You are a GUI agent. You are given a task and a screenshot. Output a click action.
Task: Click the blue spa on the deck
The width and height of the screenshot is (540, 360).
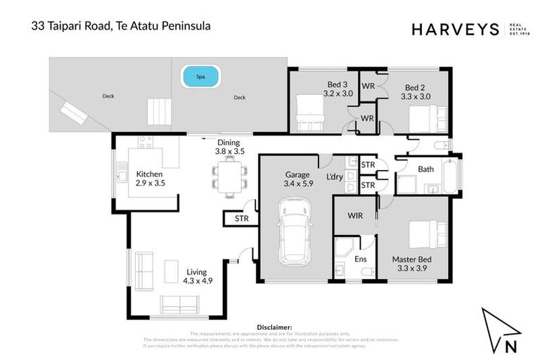[x=200, y=76]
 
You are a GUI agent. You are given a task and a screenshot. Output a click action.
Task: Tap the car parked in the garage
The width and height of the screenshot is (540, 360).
[x=294, y=231]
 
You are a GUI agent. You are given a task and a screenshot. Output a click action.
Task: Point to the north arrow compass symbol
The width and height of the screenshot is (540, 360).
[x=500, y=330]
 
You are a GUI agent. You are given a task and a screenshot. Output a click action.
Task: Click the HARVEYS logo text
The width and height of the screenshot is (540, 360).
[x=455, y=29]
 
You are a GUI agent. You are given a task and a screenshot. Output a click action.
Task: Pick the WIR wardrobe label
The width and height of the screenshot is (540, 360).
[x=355, y=216]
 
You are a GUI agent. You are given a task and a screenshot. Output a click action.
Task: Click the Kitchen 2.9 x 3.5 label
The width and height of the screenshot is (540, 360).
[x=150, y=179]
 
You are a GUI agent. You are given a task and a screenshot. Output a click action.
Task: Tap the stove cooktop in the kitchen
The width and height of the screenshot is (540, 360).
[x=145, y=141]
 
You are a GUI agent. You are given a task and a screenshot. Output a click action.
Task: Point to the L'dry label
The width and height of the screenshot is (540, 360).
[x=334, y=176]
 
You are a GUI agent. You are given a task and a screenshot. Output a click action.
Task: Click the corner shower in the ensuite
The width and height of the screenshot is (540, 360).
[x=344, y=248]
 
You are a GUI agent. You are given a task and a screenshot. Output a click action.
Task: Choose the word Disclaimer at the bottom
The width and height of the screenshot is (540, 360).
[x=275, y=327]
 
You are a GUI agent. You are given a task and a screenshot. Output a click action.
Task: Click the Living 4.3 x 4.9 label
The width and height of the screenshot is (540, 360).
[x=198, y=276]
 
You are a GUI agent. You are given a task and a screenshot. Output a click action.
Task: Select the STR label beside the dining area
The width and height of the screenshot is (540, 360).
[x=240, y=219]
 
